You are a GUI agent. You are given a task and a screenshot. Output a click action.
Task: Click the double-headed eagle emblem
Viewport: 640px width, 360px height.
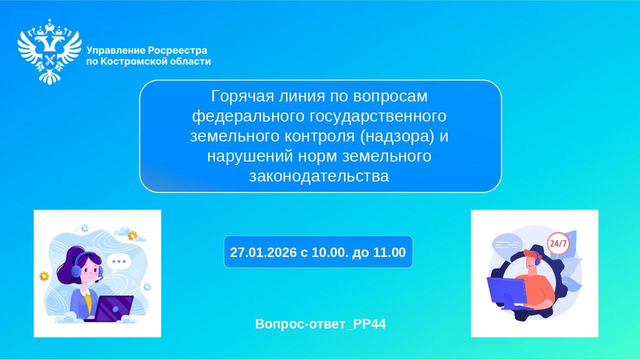coord(49,51)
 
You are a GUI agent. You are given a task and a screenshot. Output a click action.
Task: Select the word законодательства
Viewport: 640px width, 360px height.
coord(319,176)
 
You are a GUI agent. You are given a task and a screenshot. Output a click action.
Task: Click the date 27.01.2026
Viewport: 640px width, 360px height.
coord(263,252)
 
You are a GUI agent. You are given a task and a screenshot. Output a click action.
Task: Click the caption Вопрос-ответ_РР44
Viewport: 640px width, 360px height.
coord(320,324)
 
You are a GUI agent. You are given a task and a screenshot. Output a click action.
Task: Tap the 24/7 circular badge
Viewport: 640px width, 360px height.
coord(558,244)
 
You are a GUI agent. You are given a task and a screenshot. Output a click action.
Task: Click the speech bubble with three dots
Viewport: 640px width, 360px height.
coord(118,261)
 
